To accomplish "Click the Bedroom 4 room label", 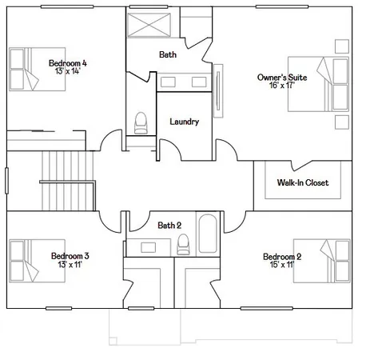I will coord(67,62).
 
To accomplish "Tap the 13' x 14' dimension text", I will coord(67,71).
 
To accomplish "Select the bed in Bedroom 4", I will coord(26,67).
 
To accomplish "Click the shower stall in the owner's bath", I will coord(152,23).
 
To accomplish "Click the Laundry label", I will coord(185,122).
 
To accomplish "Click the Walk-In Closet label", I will coord(303,183).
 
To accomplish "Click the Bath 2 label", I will coord(170,225).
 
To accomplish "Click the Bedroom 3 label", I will coord(70,256).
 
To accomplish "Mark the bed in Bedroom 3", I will coord(26,260).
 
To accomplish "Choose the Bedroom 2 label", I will coord(282,257).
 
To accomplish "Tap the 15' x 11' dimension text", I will coord(282,266).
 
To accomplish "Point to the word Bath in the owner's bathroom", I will coord(168,55).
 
